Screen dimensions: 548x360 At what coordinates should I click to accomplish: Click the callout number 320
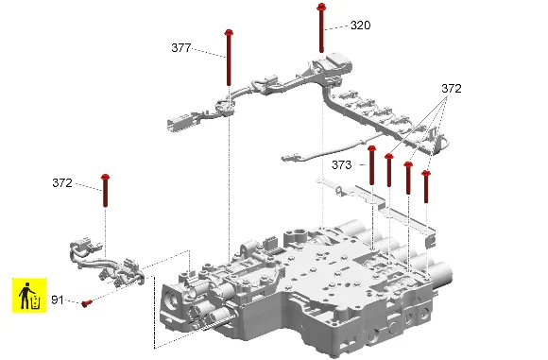coord(360,26)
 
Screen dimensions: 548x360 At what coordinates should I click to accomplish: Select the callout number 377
coord(181,48)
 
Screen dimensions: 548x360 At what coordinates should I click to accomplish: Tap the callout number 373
coord(341,164)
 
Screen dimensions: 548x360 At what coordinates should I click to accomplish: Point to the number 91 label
coord(58,300)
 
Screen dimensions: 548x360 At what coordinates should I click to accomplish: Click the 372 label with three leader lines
coord(452,89)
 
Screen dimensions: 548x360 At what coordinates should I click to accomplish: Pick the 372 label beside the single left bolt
coord(62,182)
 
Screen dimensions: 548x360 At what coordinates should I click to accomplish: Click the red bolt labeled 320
coord(321,27)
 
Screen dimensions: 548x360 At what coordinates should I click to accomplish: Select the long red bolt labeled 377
coord(229,58)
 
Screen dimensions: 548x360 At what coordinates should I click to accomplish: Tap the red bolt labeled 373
coord(371,165)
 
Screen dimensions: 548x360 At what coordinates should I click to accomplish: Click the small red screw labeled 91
coord(86,303)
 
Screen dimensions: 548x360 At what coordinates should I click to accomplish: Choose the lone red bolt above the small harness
coord(105,191)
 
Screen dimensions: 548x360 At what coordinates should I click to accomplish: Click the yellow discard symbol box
coord(29,296)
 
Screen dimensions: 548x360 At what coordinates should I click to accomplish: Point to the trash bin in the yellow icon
coord(36,302)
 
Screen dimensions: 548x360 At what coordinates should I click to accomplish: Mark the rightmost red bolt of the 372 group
coord(426,187)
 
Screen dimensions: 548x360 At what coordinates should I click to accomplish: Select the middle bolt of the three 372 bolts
coord(408,178)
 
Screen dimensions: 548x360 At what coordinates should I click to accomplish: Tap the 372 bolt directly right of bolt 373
coord(389,170)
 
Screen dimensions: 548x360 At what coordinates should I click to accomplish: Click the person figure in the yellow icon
coord(25,296)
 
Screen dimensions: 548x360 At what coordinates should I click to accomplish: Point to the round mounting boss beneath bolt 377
coord(225,107)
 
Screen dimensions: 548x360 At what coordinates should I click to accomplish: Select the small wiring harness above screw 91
coord(107,262)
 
